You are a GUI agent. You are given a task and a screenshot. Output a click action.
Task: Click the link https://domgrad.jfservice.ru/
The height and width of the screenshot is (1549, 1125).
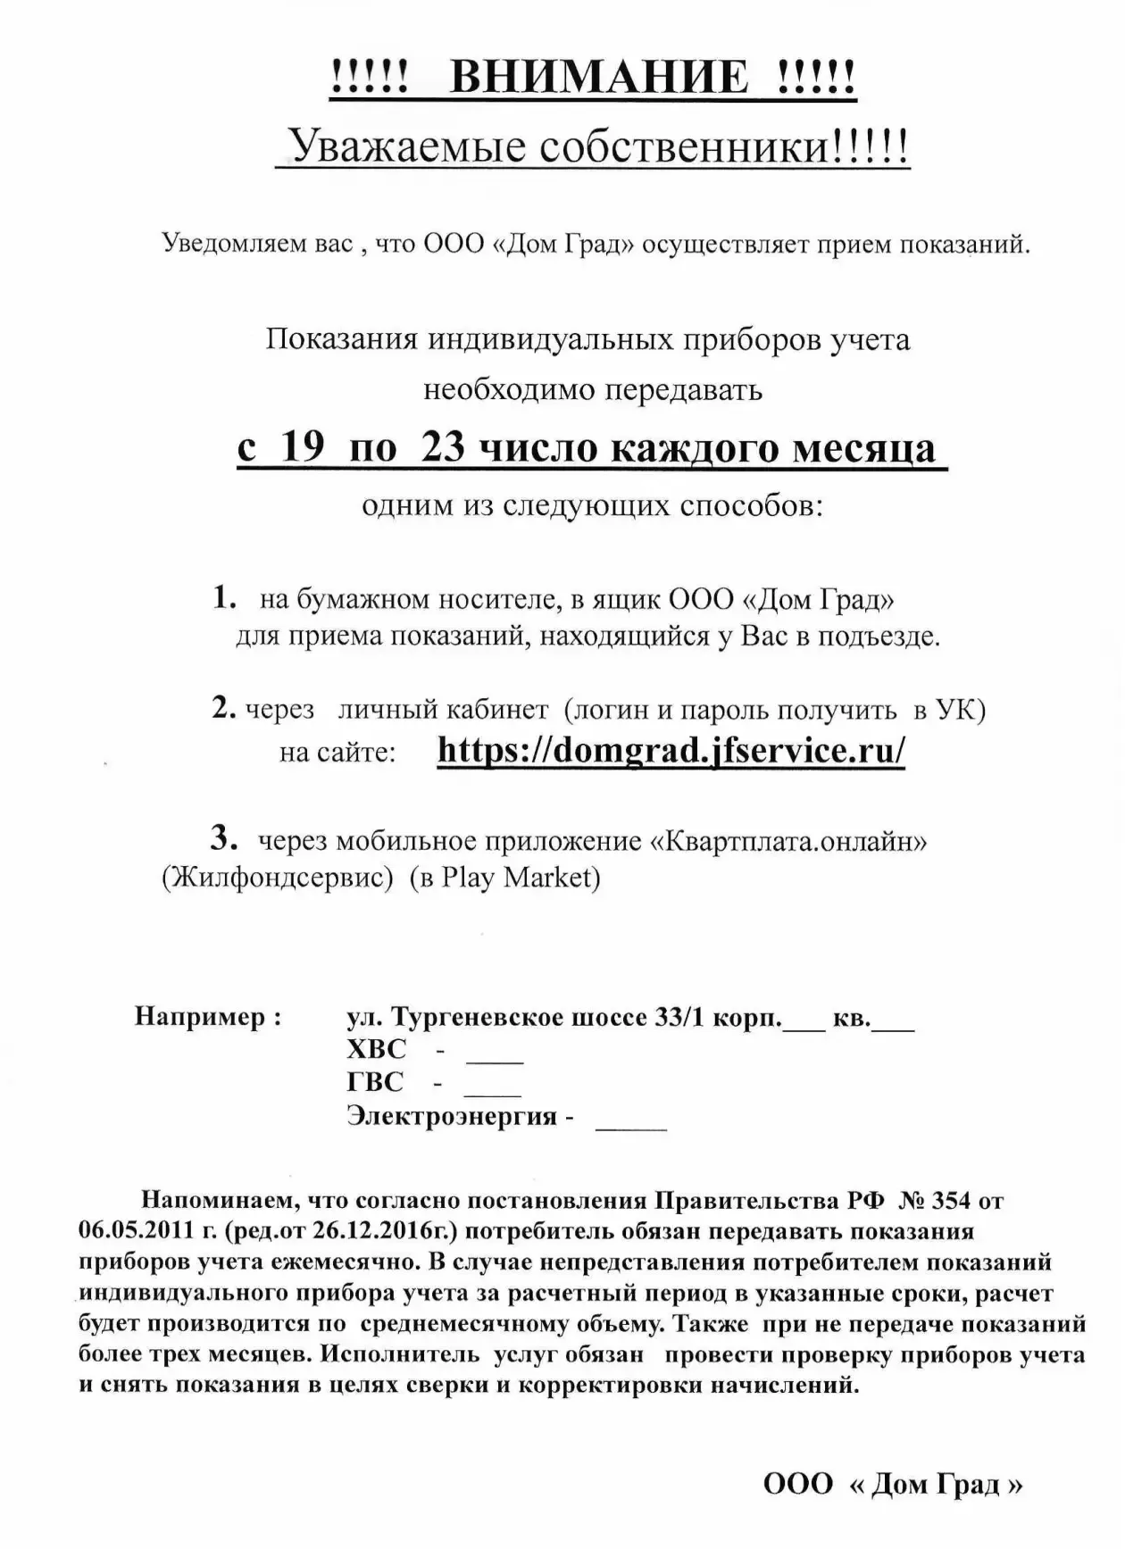pyautogui.click(x=671, y=750)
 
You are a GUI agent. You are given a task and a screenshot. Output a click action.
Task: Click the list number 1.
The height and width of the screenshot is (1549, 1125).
pyautogui.click(x=223, y=598)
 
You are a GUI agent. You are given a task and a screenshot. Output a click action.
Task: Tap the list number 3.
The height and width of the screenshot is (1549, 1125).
pyautogui.click(x=223, y=837)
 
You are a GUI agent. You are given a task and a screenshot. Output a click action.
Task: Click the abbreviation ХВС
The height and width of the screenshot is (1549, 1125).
pyautogui.click(x=376, y=1049)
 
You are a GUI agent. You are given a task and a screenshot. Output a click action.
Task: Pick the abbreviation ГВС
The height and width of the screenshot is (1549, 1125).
pyautogui.click(x=375, y=1082)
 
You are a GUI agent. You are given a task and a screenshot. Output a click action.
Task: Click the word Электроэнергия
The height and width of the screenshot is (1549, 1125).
pyautogui.click(x=452, y=1116)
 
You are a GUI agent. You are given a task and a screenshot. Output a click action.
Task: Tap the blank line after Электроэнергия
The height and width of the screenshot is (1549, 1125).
pyautogui.click(x=630, y=1127)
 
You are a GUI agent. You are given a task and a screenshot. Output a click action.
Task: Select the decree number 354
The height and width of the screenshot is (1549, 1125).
pyautogui.click(x=951, y=1200)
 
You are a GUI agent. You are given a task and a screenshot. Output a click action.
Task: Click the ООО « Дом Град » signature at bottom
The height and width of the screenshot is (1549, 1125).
pyautogui.click(x=892, y=1484)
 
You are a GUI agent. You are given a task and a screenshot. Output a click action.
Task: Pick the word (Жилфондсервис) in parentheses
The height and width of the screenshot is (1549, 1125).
pyautogui.click(x=278, y=879)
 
